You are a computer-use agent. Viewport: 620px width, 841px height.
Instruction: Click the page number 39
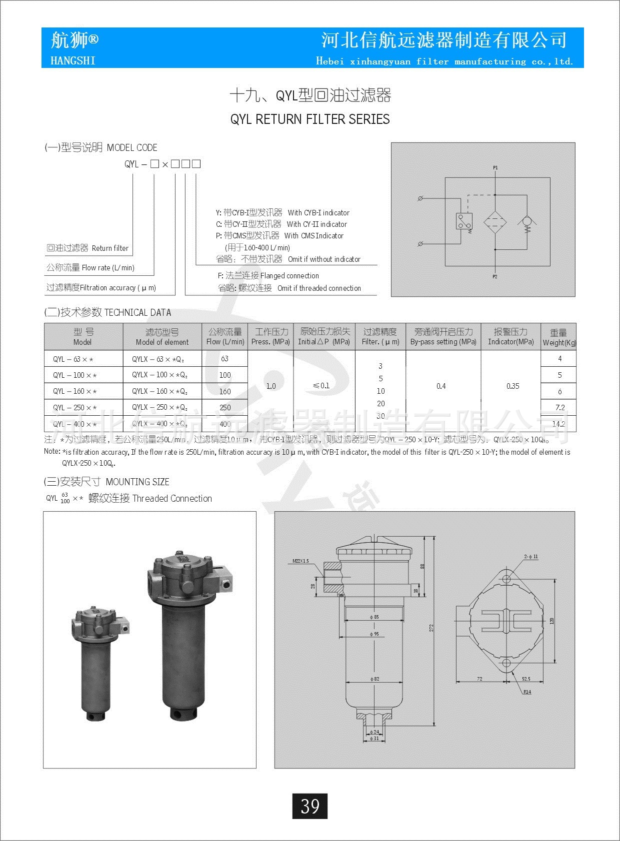point(309,806)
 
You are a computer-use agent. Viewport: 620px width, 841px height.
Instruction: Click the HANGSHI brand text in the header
point(73,60)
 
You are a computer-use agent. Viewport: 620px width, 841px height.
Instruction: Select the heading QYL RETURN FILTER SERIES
point(309,119)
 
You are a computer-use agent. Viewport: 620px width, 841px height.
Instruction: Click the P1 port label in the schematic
point(495,168)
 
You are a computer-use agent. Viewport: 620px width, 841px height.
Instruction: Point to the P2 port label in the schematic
point(494,276)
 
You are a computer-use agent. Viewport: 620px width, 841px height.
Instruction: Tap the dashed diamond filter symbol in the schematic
point(495,221)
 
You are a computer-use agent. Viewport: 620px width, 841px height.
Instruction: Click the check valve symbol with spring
point(526,221)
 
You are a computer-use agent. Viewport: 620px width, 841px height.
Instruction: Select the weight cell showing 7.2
point(559,407)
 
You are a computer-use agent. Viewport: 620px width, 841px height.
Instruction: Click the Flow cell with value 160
point(225,391)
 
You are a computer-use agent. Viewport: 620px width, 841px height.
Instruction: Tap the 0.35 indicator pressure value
point(512,386)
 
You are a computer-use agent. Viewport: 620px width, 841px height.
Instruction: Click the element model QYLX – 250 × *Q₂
point(159,407)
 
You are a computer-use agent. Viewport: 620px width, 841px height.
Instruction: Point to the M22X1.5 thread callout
point(300,561)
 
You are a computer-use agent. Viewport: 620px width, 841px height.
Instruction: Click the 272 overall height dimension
point(431,628)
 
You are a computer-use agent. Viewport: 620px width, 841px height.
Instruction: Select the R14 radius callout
point(527,692)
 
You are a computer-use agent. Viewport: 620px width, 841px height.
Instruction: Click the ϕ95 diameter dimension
point(374,634)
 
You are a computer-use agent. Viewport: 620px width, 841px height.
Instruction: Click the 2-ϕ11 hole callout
point(531,556)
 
